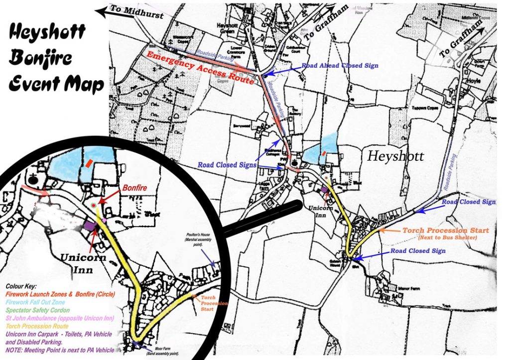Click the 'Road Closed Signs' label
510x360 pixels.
pos(227,165)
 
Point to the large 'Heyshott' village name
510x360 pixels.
pos(396,156)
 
